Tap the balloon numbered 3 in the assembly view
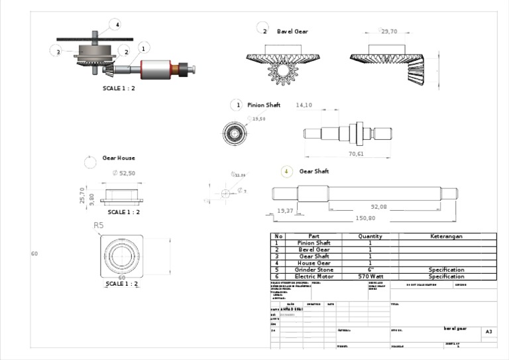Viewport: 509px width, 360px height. pyautogui.click(x=58, y=52)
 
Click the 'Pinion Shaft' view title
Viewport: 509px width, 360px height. pyautogui.click(x=264, y=105)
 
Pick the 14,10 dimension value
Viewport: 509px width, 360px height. pyautogui.click(x=304, y=105)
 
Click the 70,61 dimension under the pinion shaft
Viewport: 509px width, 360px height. pyautogui.click(x=356, y=154)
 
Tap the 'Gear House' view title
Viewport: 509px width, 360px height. pyautogui.click(x=119, y=158)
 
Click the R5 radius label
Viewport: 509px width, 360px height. pyautogui.click(x=99, y=225)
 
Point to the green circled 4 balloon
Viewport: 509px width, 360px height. pyautogui.click(x=286, y=171)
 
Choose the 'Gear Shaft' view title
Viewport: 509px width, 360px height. pyautogui.click(x=313, y=171)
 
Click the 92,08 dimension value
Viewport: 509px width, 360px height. pyautogui.click(x=378, y=207)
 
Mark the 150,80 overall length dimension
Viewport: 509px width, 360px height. pyautogui.click(x=365, y=218)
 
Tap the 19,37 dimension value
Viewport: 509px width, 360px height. pyautogui.click(x=285, y=210)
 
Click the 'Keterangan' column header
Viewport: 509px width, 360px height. pyautogui.click(x=446, y=236)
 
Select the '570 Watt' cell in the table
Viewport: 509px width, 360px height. pyautogui.click(x=370, y=276)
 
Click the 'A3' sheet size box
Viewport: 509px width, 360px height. pyautogui.click(x=489, y=331)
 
